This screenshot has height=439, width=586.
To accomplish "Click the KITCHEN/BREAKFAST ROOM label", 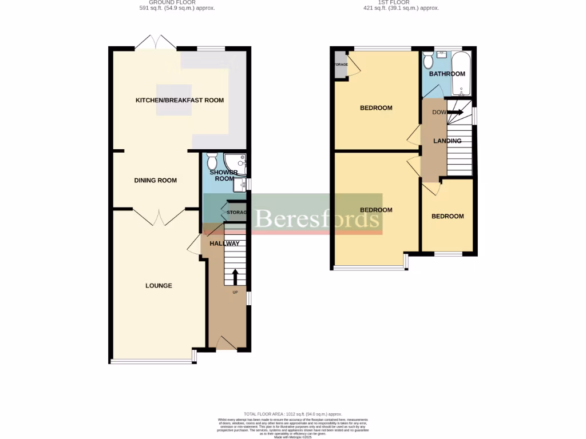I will [x=179, y=101].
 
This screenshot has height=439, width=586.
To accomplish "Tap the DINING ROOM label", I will [x=155, y=181].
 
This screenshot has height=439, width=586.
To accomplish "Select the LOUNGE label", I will [x=159, y=286].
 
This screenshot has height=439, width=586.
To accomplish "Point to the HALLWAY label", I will [x=224, y=244].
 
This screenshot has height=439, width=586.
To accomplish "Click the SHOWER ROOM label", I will [x=222, y=175].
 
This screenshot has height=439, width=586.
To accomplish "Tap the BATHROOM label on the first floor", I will [x=447, y=74].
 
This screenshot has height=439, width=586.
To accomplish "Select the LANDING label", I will [x=447, y=141].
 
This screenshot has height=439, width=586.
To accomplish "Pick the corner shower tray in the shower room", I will [x=237, y=162].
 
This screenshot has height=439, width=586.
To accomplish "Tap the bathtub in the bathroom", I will [x=461, y=74].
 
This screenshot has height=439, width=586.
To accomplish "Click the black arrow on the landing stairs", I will [x=455, y=113].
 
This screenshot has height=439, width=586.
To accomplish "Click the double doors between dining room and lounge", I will [x=158, y=216].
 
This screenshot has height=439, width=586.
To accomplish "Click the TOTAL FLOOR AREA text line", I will [x=292, y=414].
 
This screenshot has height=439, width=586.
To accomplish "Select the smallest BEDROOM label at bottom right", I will [x=448, y=217].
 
